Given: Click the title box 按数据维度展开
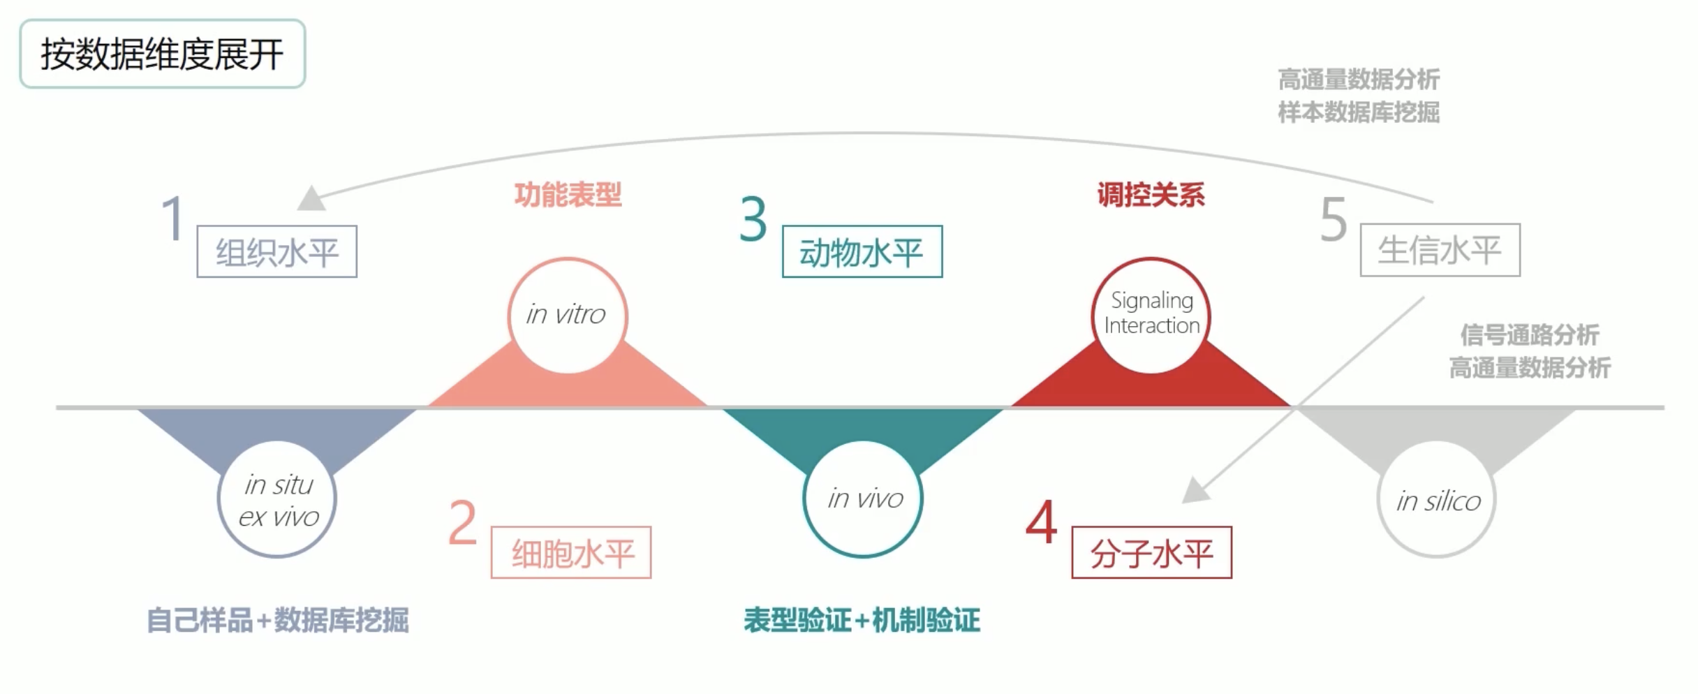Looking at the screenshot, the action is tap(163, 54).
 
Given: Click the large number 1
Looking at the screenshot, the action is tap(172, 218).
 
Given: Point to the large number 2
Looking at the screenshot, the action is tap(462, 522).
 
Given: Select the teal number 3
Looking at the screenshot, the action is tap(753, 219).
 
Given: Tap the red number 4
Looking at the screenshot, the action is tap(1041, 522).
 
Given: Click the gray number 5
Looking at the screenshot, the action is tap(1334, 219).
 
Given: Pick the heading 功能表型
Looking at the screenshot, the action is tap(568, 195).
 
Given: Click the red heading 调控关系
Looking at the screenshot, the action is tap(1151, 195).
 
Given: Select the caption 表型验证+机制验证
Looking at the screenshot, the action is tap(862, 620).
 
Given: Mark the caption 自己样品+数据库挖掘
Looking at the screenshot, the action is tap(277, 620).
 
